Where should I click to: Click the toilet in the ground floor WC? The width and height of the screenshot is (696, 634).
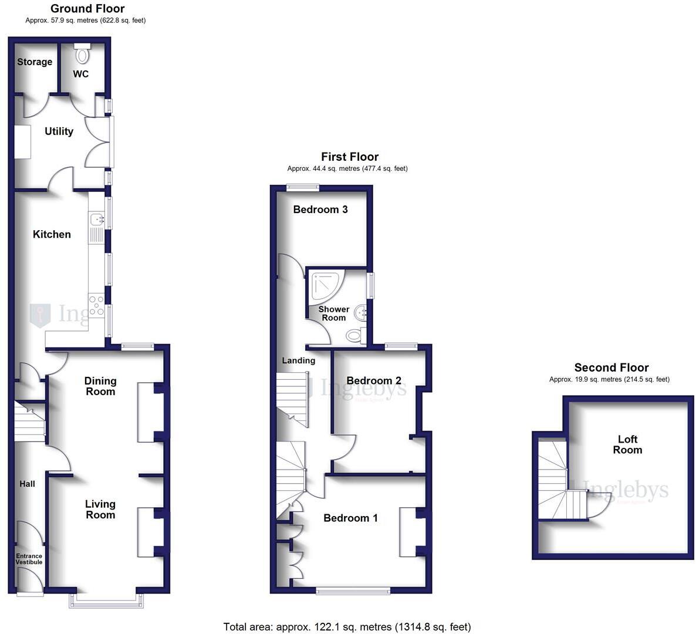coord(82,55)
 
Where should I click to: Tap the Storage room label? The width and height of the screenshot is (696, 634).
coord(35,62)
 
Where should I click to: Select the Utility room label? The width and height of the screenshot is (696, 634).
coord(59,131)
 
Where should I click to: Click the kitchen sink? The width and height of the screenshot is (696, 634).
coord(96,220)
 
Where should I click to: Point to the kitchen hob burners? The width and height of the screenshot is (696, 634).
coord(96,305)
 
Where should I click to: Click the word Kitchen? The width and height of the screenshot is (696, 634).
coord(52,234)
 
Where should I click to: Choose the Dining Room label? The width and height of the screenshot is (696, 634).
coord(100,386)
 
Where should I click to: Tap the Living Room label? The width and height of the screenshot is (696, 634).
coord(100,510)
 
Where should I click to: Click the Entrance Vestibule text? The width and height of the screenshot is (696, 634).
coord(29,559)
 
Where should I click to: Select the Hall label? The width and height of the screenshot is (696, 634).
coord(27,484)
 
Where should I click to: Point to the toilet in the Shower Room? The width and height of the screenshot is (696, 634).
coord(354,336)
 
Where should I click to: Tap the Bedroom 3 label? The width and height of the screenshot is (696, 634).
coord(320,210)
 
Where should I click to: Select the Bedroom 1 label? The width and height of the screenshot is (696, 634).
coord(350,518)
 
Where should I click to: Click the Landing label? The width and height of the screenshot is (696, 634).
coord(298,360)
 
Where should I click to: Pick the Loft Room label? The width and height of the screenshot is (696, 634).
coord(627,444)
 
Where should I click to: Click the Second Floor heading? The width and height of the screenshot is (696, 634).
coord(611,367)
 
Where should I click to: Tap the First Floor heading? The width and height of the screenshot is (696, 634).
coord(350,157)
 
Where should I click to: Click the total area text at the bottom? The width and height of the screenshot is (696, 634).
coord(347,627)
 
